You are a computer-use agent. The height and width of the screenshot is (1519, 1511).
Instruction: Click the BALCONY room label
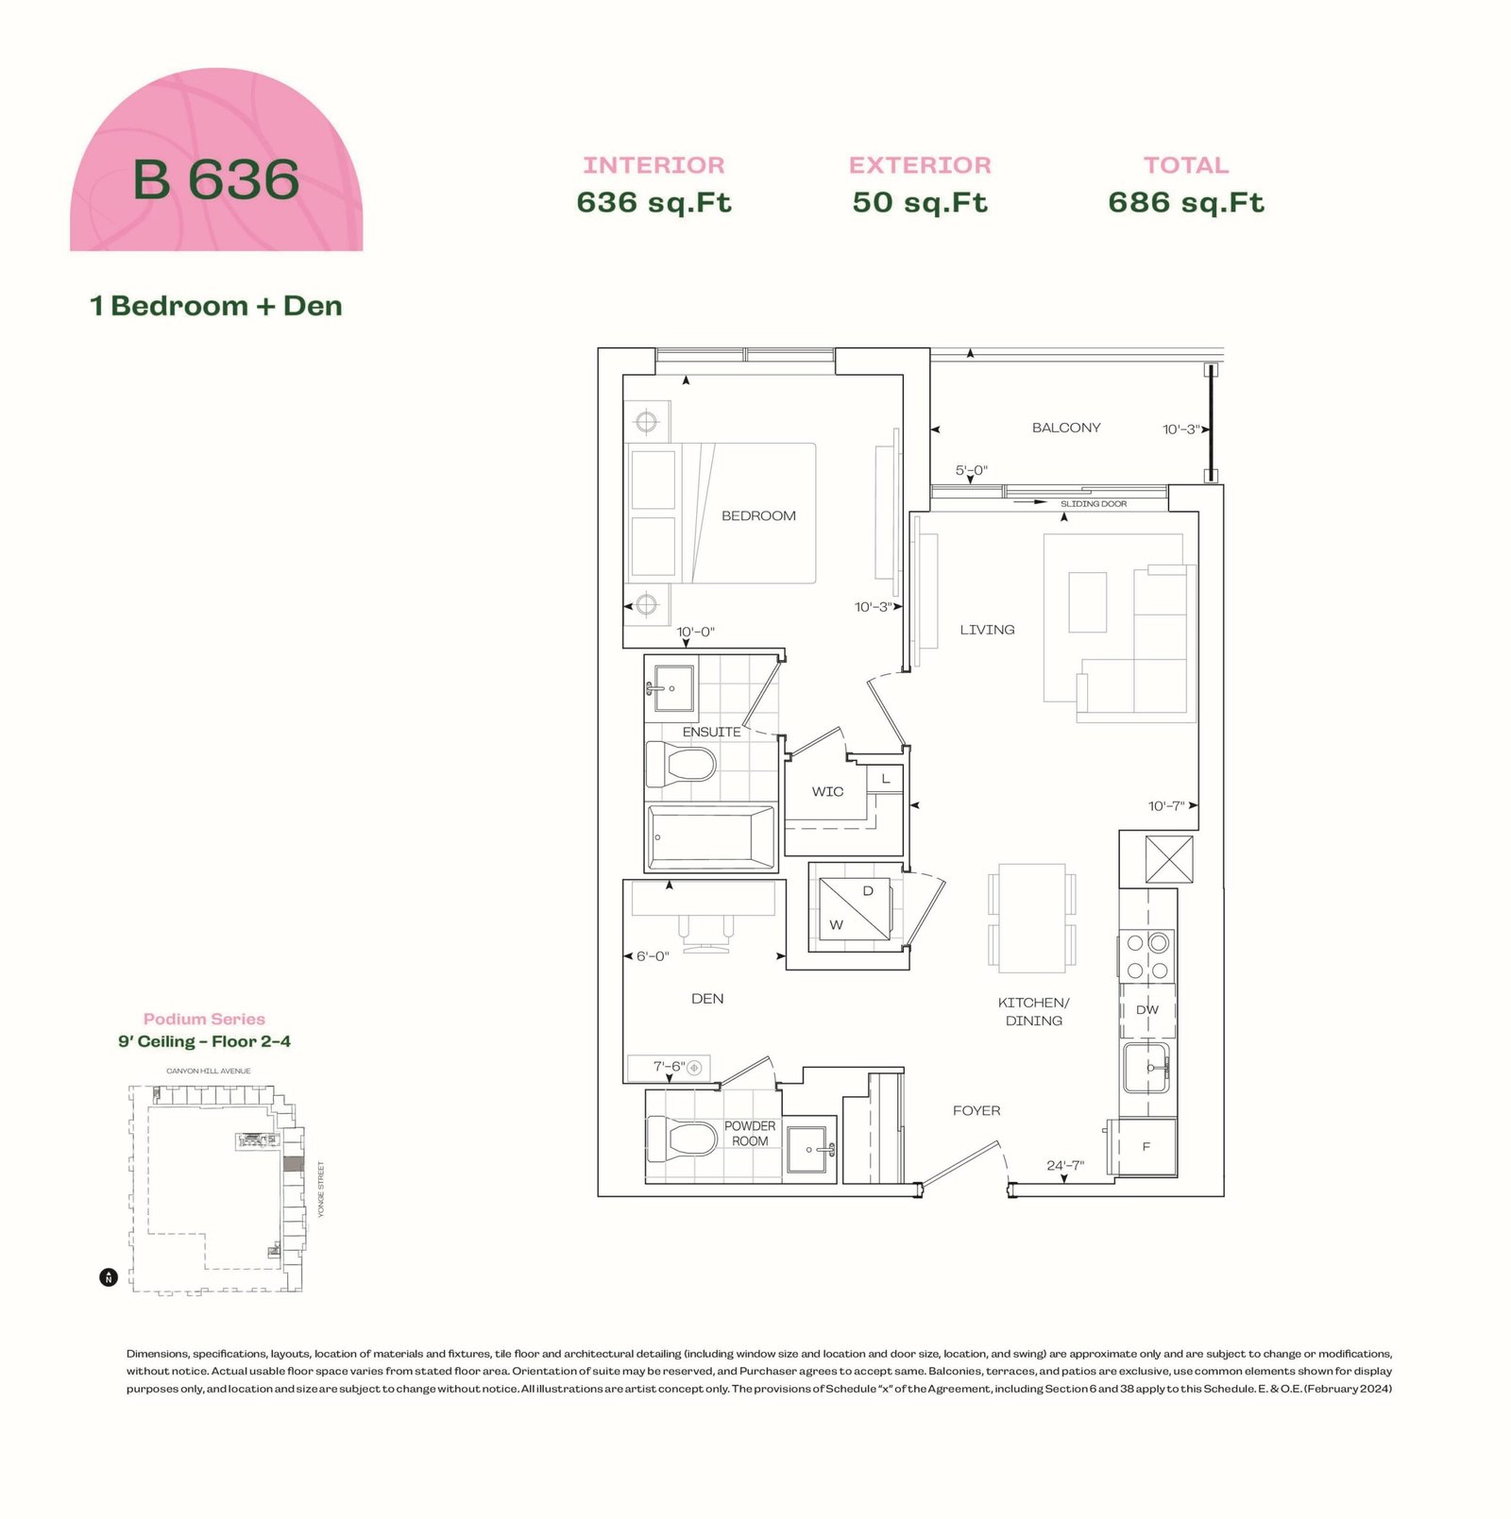pyautogui.click(x=1066, y=428)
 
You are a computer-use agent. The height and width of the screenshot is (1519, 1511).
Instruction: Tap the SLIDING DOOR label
pyautogui.click(x=1093, y=504)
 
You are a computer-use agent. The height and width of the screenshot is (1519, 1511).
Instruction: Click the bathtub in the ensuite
pyautogui.click(x=712, y=837)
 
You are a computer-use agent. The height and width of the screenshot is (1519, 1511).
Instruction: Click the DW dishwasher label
pyautogui.click(x=1147, y=1010)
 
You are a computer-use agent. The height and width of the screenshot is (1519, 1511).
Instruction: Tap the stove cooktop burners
pyautogui.click(x=1147, y=955)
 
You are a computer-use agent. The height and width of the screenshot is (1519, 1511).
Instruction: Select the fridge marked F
pyautogui.click(x=1146, y=1147)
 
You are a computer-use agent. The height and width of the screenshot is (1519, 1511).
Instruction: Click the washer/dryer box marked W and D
pyautogui.click(x=853, y=908)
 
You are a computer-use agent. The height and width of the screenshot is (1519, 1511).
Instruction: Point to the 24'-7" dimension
pyautogui.click(x=1065, y=1165)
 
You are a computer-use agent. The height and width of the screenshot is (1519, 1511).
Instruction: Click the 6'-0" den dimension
pyautogui.click(x=653, y=956)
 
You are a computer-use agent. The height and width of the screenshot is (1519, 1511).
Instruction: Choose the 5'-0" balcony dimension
pyautogui.click(x=972, y=470)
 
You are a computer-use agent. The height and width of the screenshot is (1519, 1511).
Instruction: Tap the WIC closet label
pyautogui.click(x=827, y=792)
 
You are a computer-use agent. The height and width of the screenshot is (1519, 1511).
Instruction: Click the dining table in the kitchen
pyautogui.click(x=1032, y=918)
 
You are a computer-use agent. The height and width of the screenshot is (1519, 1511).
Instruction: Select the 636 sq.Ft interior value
pyautogui.click(x=654, y=202)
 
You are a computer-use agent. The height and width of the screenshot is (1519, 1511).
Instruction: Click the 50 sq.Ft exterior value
pyautogui.click(x=920, y=202)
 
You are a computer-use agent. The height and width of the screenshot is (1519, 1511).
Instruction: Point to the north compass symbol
pyautogui.click(x=109, y=1278)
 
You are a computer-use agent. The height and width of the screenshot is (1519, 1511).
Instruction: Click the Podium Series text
pyautogui.click(x=204, y=1019)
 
